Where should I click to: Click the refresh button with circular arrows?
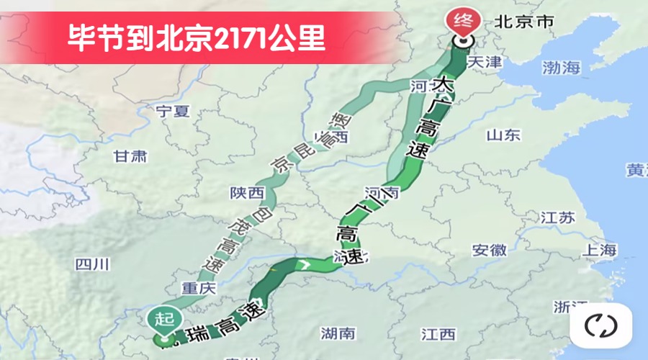coord(600,325)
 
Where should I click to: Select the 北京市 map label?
coord(524,22)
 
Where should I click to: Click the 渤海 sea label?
coord(561,68)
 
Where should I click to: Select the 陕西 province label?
coord(247,193)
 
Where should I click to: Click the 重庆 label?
coord(198,288)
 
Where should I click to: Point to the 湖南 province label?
coord(338,333)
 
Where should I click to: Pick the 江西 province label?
coord(438,334)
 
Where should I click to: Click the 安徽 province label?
coord(490,251)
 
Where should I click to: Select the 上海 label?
coord(600,250)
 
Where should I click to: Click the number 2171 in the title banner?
coord(241,37)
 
